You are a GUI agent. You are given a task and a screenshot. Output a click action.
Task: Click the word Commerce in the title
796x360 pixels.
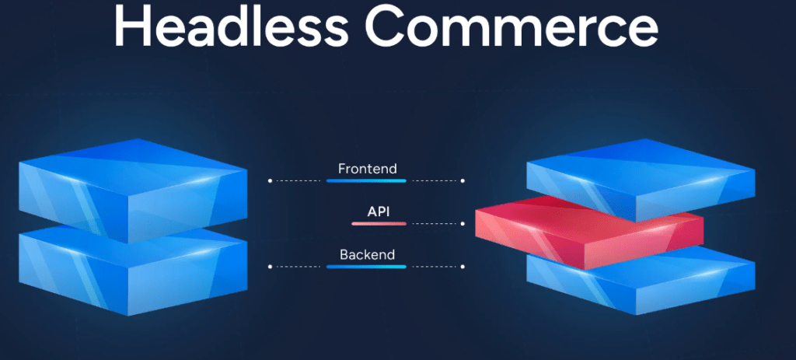tap(511, 26)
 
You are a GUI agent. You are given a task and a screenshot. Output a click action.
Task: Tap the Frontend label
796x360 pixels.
tap(368, 169)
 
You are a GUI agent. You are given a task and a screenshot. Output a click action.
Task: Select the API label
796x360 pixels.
tap(379, 211)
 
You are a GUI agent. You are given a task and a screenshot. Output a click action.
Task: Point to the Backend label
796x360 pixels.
tap(367, 254)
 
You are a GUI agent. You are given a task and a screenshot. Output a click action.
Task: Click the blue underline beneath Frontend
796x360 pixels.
tap(366, 180)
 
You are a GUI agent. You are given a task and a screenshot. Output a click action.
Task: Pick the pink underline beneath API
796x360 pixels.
tap(379, 223)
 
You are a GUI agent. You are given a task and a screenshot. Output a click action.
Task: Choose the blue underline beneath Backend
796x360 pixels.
tap(366, 267)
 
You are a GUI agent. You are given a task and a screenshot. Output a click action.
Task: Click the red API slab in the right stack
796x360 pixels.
tap(589, 231)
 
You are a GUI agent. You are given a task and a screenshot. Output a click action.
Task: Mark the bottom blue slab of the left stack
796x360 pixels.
tap(133, 271)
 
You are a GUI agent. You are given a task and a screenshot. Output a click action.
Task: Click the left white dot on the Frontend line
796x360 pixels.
tap(270, 180)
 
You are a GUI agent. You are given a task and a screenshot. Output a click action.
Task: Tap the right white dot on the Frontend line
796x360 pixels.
tap(463, 180)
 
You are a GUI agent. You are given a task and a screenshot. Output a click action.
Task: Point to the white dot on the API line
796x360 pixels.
tap(463, 223)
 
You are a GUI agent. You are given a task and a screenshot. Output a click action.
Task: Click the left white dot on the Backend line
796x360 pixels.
tap(270, 267)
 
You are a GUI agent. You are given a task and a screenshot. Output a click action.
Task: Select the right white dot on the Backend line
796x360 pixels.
tap(463, 267)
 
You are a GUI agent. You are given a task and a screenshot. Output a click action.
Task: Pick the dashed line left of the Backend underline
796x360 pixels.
tap(298, 267)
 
